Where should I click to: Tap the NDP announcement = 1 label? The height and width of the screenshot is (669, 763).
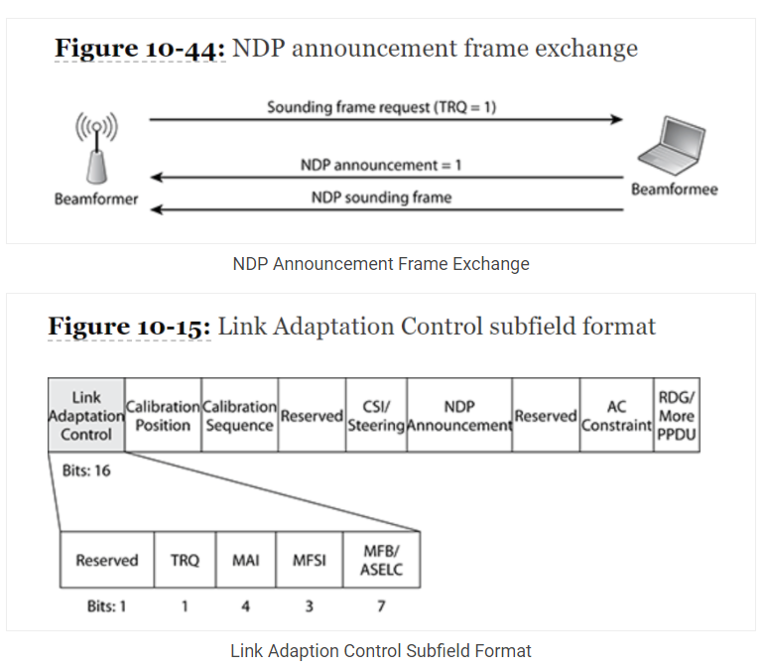click(381, 165)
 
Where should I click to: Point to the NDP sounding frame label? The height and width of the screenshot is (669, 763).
click(381, 198)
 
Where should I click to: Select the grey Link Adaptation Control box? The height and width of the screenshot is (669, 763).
click(86, 416)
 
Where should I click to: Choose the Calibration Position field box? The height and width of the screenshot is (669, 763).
click(163, 416)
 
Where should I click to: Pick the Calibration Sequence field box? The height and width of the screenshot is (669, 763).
click(239, 416)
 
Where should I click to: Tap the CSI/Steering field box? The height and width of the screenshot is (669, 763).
click(376, 416)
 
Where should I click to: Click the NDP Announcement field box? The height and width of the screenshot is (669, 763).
click(458, 416)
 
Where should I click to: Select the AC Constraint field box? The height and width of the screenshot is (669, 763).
click(616, 416)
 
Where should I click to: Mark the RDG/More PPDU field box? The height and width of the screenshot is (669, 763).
click(676, 416)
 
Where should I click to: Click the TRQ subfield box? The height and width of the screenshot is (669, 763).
click(185, 560)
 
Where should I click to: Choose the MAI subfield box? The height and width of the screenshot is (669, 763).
click(246, 560)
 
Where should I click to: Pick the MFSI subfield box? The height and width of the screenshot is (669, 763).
click(309, 560)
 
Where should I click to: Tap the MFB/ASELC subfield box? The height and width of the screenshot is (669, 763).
click(381, 560)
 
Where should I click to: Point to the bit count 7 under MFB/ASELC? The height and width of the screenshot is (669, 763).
click(381, 605)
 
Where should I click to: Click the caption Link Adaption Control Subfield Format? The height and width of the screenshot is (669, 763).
click(381, 651)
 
